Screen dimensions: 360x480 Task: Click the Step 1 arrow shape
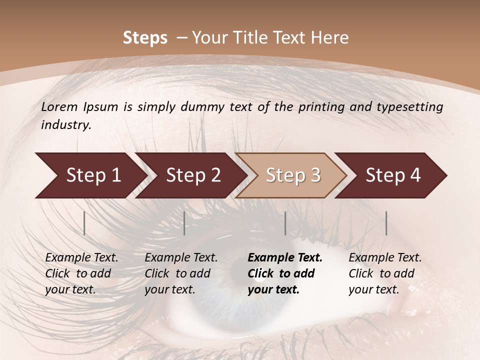[90, 175]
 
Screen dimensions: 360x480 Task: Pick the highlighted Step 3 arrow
[291, 175]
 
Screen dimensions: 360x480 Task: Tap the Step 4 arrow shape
[391, 175]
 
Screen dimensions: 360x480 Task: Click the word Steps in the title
[145, 38]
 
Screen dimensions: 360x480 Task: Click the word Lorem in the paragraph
[59, 106]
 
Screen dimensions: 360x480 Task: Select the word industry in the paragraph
[66, 125]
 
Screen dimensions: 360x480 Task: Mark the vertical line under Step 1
[84, 223]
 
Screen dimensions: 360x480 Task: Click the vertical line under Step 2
[184, 223]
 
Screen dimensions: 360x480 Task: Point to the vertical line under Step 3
[285, 223]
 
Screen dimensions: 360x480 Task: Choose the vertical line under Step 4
[386, 223]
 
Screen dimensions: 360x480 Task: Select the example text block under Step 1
[81, 273]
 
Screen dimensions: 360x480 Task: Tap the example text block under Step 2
[181, 273]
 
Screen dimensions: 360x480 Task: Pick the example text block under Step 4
[385, 273]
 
